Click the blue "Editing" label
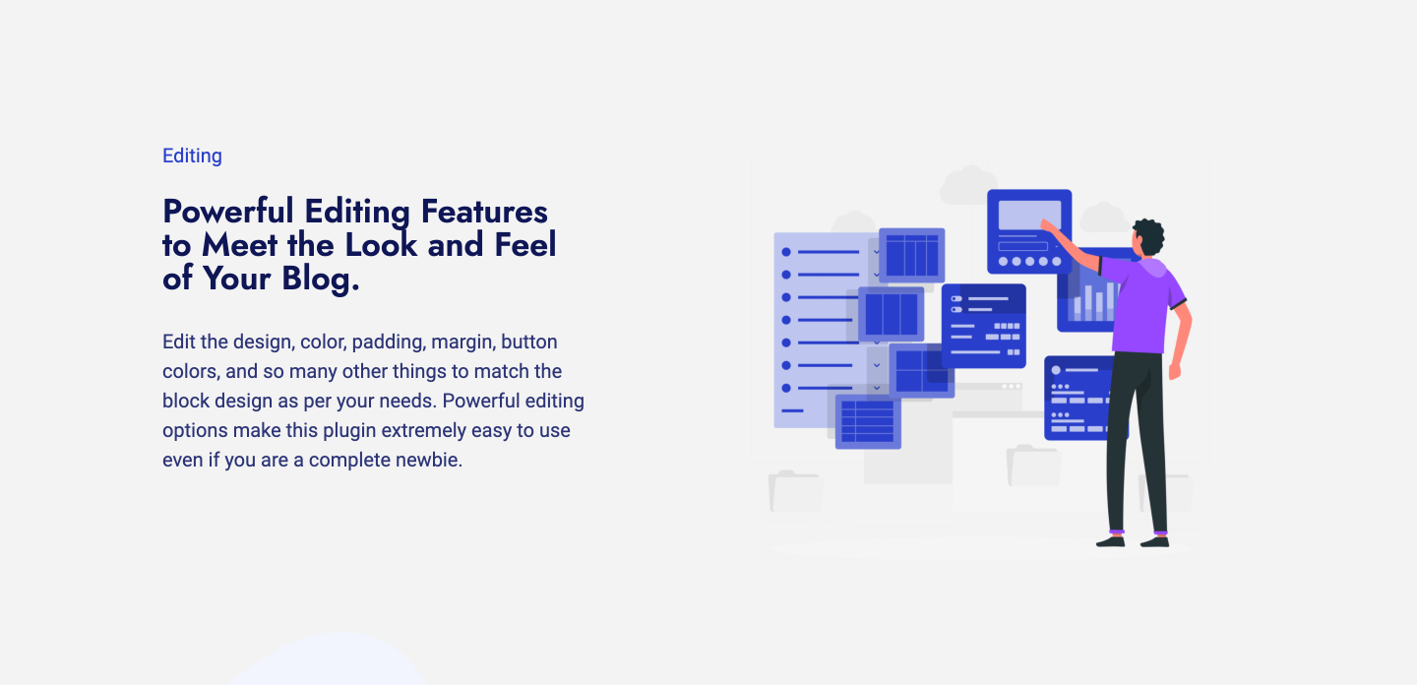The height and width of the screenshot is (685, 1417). point(192,156)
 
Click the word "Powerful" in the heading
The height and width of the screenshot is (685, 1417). point(228,212)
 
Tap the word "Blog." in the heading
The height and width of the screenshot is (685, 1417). point(321,279)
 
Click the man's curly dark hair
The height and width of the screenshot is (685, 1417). point(1148,237)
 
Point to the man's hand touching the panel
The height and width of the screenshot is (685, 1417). point(1048,227)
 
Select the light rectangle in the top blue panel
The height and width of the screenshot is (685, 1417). point(1029,215)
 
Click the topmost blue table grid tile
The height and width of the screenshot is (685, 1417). point(911,255)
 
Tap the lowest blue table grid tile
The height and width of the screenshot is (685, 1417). point(868,420)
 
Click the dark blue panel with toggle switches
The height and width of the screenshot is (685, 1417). point(983,326)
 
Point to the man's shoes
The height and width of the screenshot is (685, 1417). point(1133,540)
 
